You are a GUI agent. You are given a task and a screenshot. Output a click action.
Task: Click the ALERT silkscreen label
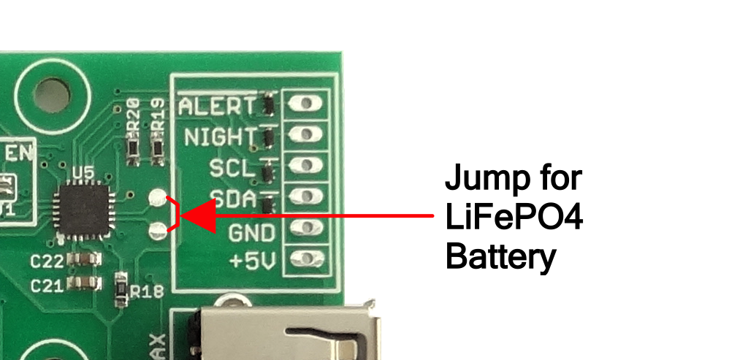(218, 106)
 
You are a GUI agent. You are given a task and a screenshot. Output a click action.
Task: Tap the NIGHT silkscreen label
(220, 137)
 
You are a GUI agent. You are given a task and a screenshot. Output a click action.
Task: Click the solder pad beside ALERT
(306, 104)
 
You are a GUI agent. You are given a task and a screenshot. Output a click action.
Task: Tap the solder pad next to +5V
(306, 258)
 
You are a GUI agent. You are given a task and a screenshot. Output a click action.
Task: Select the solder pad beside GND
(306, 227)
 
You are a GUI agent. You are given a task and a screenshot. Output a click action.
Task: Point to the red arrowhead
(197, 215)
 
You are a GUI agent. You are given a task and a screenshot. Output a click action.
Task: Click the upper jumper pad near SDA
(158, 197)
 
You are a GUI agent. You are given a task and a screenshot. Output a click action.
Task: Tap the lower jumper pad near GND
(158, 232)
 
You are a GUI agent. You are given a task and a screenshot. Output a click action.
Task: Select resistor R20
(134, 150)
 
